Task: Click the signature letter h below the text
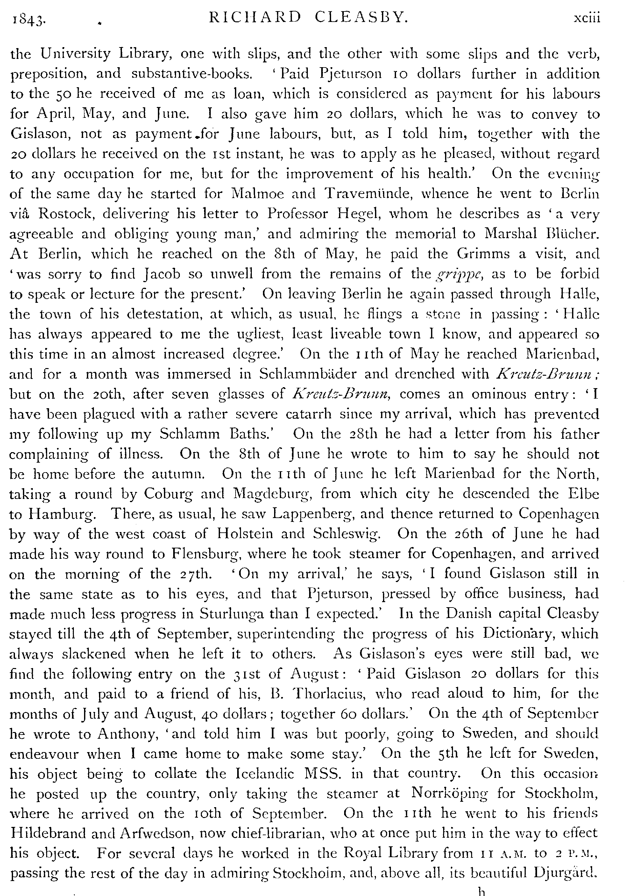coord(483,890)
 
